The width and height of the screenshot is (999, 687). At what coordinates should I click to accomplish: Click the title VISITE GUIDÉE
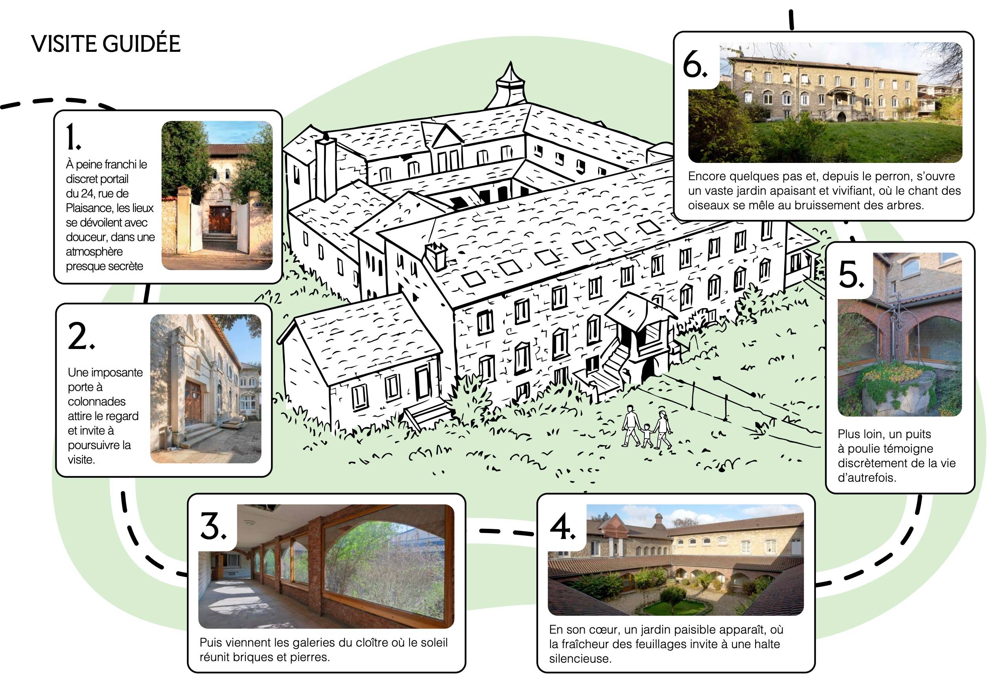106,44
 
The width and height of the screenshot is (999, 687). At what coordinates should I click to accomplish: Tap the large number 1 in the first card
73,137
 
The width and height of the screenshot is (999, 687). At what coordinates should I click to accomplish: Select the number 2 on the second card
81,336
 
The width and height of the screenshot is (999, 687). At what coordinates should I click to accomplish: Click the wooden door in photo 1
220,219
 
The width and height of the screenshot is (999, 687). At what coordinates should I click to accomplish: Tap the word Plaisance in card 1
88,208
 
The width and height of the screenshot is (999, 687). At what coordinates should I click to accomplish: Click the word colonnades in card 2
97,402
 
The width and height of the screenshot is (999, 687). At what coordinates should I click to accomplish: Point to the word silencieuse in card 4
580,659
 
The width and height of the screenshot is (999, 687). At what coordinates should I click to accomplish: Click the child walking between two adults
647,435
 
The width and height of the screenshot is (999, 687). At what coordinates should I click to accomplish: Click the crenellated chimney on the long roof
436,256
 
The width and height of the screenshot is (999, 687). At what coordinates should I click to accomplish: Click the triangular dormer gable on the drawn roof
446,135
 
